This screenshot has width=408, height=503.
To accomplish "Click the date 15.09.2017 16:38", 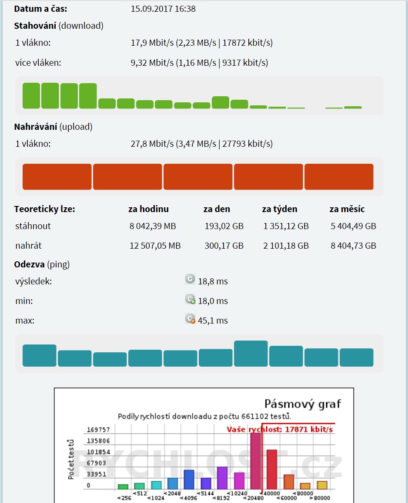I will click(x=163, y=9).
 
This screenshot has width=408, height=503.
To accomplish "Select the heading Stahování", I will click(x=35, y=26).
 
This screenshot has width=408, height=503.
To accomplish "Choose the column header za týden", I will click(x=279, y=209).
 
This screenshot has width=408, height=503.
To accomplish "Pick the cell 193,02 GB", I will click(x=224, y=226).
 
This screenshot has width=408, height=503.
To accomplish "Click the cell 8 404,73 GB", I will click(x=353, y=246).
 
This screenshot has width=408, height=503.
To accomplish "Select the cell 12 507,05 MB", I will click(x=155, y=246).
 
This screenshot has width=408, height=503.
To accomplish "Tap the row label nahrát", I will click(x=28, y=246).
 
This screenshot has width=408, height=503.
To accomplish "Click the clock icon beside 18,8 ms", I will click(x=190, y=279).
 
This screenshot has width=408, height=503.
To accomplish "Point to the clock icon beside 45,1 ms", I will click(x=190, y=319).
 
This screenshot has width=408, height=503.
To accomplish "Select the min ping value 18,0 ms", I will click(x=213, y=301).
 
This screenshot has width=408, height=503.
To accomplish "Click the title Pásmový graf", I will click(x=303, y=404).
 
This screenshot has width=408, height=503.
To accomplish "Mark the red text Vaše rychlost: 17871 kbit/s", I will click(x=280, y=430).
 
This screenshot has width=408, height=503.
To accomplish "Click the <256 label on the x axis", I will click(x=123, y=498).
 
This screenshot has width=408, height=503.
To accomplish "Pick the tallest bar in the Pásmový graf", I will click(x=255, y=461).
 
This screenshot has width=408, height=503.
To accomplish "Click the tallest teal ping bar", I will click(x=251, y=353).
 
